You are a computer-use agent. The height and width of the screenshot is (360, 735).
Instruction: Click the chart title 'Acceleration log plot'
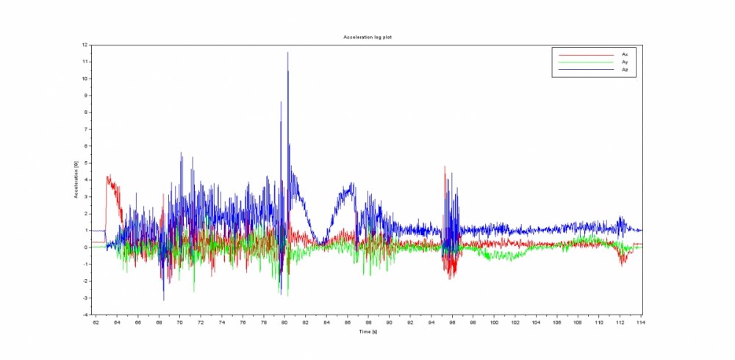tap(367, 37)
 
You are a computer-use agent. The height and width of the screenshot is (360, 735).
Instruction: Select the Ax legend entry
tap(625, 54)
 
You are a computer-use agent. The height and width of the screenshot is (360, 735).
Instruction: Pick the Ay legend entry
tap(625, 62)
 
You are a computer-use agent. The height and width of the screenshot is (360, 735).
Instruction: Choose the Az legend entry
tap(625, 69)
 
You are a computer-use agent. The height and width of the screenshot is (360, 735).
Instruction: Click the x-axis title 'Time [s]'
tap(369, 332)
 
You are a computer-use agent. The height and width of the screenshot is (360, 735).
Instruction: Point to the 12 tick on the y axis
tap(85, 45)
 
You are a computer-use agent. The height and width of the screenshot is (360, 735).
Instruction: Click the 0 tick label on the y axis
tap(86, 247)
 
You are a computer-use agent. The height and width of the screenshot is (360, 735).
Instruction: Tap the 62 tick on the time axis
tap(95, 322)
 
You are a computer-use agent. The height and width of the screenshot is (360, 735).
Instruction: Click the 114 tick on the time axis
tap(641, 322)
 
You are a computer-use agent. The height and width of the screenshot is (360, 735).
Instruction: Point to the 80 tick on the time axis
tap(284, 322)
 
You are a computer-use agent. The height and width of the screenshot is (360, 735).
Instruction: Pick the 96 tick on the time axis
tap(452, 322)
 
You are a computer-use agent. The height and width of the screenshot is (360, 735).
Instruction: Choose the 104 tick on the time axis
tap(536, 322)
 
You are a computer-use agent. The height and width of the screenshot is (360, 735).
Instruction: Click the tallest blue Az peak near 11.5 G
tap(287, 53)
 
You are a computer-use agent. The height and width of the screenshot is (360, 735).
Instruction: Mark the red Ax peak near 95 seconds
tap(445, 167)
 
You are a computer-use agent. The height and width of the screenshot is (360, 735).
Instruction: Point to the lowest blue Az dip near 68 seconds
tap(163, 300)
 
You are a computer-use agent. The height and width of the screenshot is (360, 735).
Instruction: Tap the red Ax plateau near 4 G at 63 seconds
tap(110, 179)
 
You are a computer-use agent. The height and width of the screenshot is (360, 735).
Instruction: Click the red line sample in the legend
tap(586, 54)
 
